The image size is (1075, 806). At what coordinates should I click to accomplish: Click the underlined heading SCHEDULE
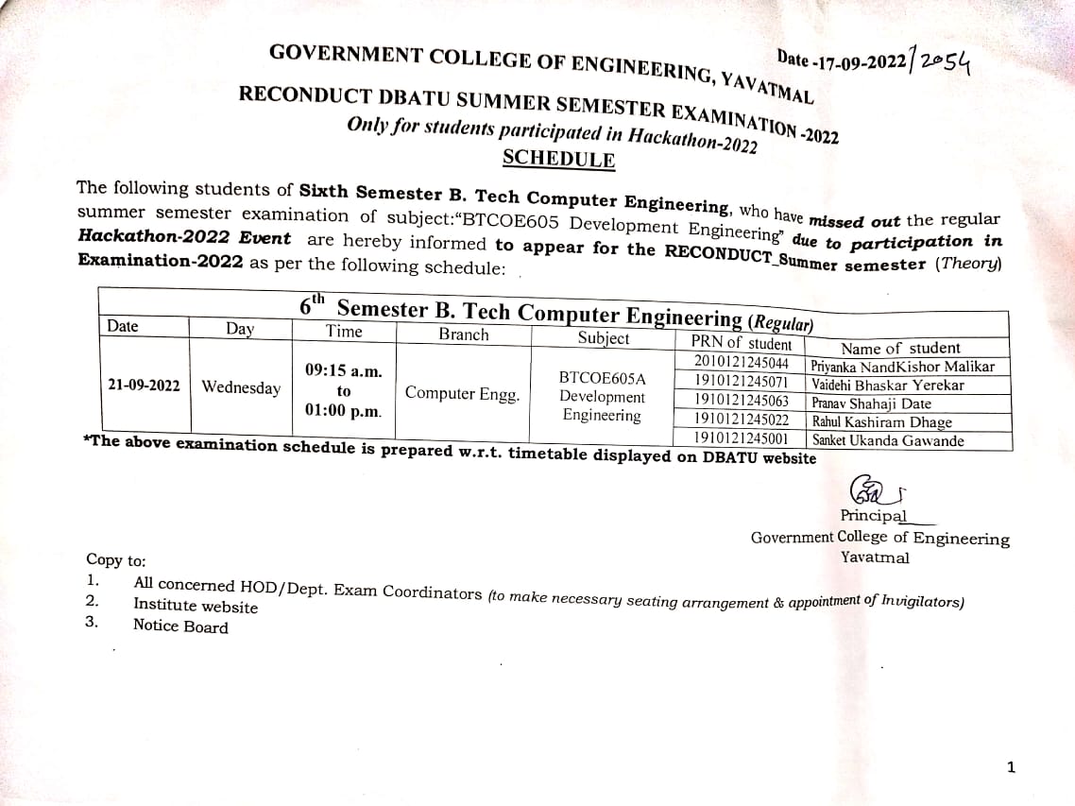558,159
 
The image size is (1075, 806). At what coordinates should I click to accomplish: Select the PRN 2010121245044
741,363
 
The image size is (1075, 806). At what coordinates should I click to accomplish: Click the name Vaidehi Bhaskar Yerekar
888,385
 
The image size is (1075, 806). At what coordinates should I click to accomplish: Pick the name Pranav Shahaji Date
871,403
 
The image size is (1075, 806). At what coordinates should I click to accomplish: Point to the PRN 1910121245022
741,419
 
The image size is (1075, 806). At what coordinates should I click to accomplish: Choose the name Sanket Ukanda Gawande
888,440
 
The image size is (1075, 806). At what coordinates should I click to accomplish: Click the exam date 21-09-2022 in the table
144,386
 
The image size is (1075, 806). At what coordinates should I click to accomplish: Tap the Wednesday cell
241,387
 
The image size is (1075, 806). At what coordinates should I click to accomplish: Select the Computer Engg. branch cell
462,394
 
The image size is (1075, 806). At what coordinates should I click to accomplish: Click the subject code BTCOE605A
602,378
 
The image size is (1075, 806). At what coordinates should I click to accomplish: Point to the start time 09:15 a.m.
344,371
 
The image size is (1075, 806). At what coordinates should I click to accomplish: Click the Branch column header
464,334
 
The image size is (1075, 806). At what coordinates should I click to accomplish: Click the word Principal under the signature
872,516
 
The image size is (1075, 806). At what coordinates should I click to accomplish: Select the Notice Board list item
180,626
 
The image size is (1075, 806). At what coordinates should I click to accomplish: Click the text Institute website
195,605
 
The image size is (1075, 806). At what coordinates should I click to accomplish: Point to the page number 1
1011,767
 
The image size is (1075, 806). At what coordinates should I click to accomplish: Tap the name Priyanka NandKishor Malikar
902,367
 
